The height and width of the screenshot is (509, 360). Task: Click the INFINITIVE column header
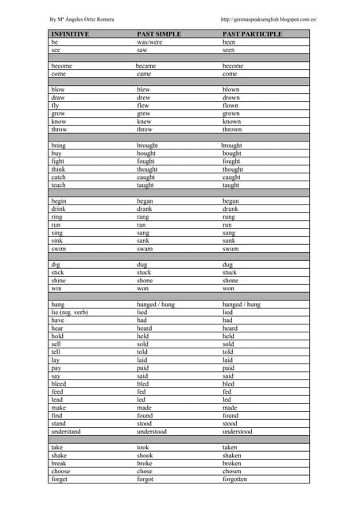click(x=70, y=35)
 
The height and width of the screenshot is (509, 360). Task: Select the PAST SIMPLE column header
click(x=159, y=35)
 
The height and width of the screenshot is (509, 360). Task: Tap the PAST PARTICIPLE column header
click(x=253, y=35)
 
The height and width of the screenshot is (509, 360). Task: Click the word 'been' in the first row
click(x=229, y=42)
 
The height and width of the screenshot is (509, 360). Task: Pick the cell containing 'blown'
click(x=231, y=90)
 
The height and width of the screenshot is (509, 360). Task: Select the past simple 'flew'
click(x=143, y=105)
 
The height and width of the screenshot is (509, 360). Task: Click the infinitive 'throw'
click(x=60, y=129)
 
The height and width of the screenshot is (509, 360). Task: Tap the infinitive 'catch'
click(x=59, y=177)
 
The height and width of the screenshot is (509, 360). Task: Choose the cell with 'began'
click(x=146, y=201)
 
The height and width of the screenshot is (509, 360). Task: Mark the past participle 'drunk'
click(x=230, y=209)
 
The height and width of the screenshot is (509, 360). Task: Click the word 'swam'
click(x=145, y=249)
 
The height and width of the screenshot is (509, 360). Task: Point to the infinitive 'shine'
click(x=59, y=281)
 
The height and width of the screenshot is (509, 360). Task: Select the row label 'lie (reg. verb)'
click(x=70, y=313)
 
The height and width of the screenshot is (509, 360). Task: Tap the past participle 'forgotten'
click(x=235, y=480)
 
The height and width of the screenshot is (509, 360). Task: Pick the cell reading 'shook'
click(x=145, y=456)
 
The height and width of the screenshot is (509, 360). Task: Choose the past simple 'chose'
click(x=145, y=472)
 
